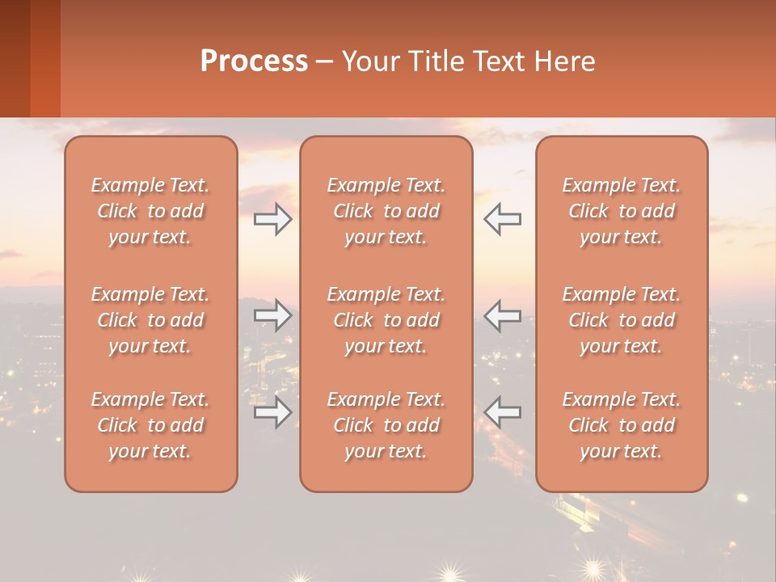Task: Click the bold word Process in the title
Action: coord(254,61)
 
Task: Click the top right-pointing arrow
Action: coord(272,219)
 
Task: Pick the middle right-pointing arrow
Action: coord(272,315)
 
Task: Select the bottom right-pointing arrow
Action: coord(272,411)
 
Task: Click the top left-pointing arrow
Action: coord(503,219)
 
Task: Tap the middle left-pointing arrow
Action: coord(503,315)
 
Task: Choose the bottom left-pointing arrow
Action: coord(503,411)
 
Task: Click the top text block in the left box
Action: coord(150,211)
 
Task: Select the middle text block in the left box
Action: coord(150,320)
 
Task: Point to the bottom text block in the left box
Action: coord(150,425)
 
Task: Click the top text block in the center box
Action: coord(386,211)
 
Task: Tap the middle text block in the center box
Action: coord(386,320)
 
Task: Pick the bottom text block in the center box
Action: coord(386,425)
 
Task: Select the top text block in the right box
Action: coord(621,211)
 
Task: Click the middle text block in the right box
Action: coord(621,320)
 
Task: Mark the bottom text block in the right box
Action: coord(621,425)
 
